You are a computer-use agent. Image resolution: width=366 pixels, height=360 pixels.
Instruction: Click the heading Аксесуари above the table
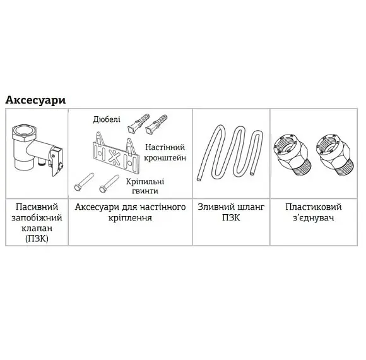click(x=35, y=100)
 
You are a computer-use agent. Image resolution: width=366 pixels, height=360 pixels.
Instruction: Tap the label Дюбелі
click(x=107, y=119)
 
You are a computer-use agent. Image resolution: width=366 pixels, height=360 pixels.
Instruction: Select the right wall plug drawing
click(x=156, y=124)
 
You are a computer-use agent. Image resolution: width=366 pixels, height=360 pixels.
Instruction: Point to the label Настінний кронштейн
click(x=165, y=152)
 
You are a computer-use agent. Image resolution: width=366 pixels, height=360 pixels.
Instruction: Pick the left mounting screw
click(x=84, y=182)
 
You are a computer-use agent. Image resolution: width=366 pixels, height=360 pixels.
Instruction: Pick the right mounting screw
click(x=109, y=184)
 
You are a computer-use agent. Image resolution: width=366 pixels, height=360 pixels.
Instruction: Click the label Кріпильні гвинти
click(x=145, y=186)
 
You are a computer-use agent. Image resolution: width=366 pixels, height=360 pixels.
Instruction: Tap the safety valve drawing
click(x=37, y=150)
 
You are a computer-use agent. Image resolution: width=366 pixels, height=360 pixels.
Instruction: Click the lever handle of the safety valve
click(x=56, y=162)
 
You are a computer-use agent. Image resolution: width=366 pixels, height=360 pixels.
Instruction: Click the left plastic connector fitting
click(x=290, y=155)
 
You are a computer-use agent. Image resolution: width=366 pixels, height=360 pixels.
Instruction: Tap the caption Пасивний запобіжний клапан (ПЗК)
click(x=37, y=223)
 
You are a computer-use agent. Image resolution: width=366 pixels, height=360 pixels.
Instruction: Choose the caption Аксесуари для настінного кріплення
click(x=130, y=212)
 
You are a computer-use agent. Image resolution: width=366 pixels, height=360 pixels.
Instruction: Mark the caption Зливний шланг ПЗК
click(x=231, y=212)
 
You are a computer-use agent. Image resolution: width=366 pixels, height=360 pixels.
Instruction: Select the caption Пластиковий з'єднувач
click(x=314, y=212)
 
